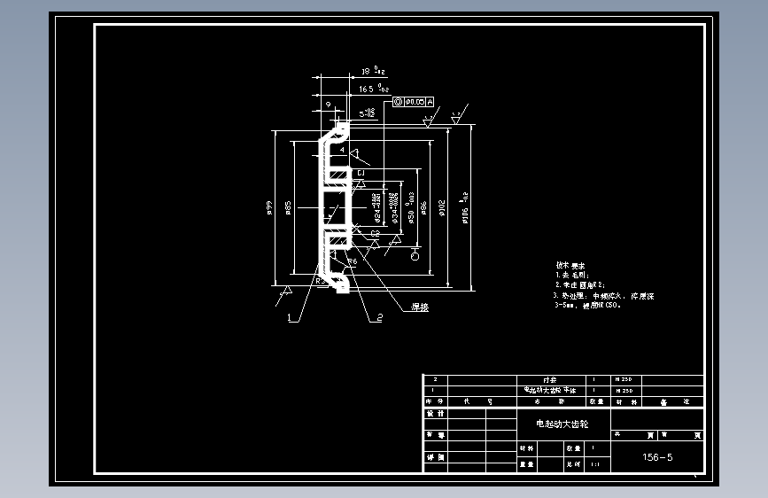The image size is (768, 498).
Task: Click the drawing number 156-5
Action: [x=657, y=457]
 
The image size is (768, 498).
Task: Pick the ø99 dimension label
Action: [x=268, y=208]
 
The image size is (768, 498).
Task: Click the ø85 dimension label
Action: [x=289, y=208]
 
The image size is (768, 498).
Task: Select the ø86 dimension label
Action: [x=424, y=209]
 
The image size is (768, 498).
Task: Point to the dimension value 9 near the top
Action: [x=329, y=105]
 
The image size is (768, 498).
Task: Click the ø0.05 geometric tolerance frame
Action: [x=414, y=103]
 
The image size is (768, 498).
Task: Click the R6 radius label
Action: [x=352, y=261]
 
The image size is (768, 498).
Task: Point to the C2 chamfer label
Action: [x=375, y=234]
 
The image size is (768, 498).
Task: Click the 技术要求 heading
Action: [x=570, y=265]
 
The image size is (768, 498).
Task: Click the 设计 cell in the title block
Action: [x=436, y=414]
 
